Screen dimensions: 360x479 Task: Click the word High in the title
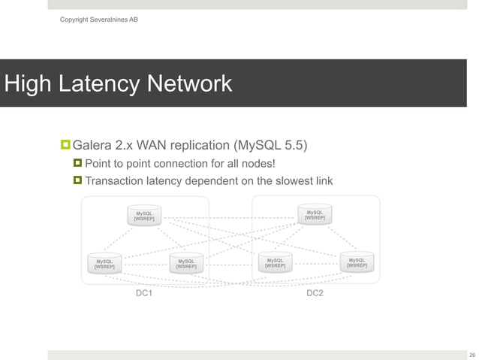click(x=30, y=83)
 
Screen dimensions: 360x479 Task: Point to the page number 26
click(x=471, y=354)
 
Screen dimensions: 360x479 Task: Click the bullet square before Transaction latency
click(x=77, y=180)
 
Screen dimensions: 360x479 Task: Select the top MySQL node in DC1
click(x=144, y=215)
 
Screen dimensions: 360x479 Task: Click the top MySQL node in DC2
click(x=315, y=214)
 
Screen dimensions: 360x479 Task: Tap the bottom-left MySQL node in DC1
click(x=104, y=262)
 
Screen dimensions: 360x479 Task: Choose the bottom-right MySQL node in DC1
click(x=186, y=262)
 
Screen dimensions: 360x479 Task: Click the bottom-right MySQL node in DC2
click(x=357, y=262)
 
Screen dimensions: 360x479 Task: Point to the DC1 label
click(x=143, y=292)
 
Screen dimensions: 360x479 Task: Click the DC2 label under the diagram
click(x=315, y=292)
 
